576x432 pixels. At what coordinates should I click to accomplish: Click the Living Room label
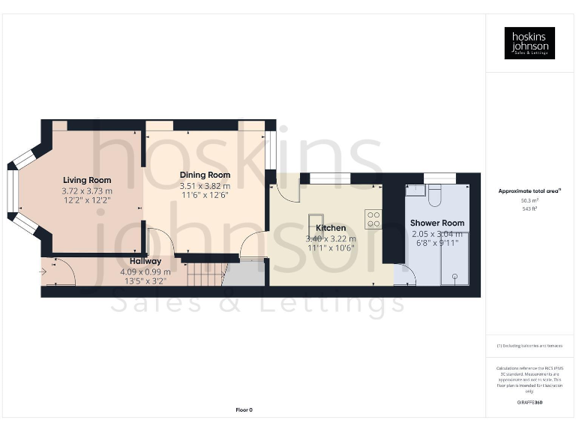click(x=87, y=180)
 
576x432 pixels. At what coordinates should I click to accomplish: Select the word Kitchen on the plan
click(x=331, y=228)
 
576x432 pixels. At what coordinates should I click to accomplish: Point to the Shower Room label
click(x=436, y=223)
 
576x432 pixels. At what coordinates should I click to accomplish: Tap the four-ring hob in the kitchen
click(x=373, y=219)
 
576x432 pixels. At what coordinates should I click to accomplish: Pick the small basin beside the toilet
click(x=413, y=191)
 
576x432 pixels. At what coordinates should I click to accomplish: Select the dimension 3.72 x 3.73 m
click(x=87, y=191)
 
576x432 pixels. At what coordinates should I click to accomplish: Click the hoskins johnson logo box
click(x=529, y=43)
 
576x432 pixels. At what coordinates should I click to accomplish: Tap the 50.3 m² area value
click(x=529, y=200)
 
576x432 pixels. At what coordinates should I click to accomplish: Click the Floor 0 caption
click(x=244, y=409)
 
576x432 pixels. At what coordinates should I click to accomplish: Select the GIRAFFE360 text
click(x=529, y=403)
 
